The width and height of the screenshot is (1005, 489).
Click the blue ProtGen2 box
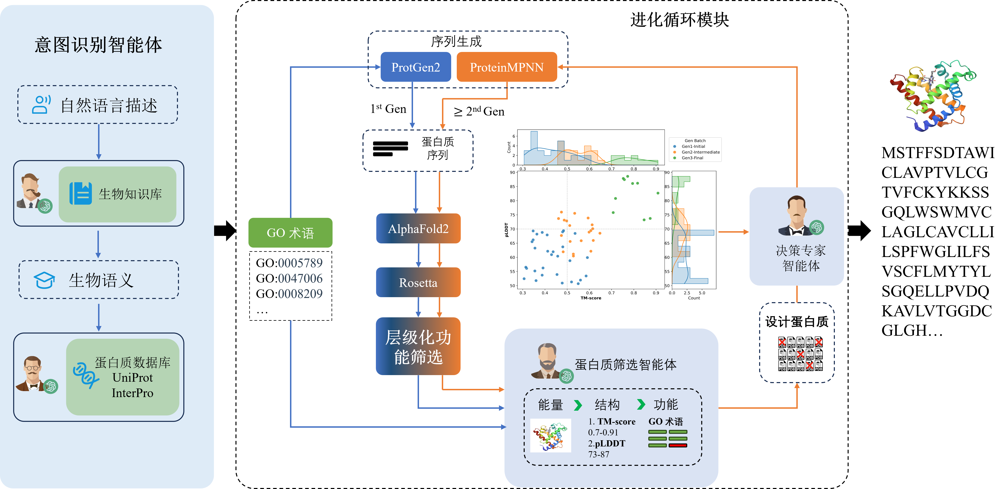(415, 67)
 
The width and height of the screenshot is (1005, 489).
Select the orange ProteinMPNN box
(506, 67)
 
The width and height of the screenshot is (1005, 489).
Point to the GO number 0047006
(300, 278)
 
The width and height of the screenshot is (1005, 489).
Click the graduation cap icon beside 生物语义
(44, 280)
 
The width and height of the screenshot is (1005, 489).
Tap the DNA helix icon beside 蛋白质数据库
(85, 375)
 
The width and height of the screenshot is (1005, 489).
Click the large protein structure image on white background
(934, 93)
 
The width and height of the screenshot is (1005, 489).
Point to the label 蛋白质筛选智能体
(625, 365)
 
